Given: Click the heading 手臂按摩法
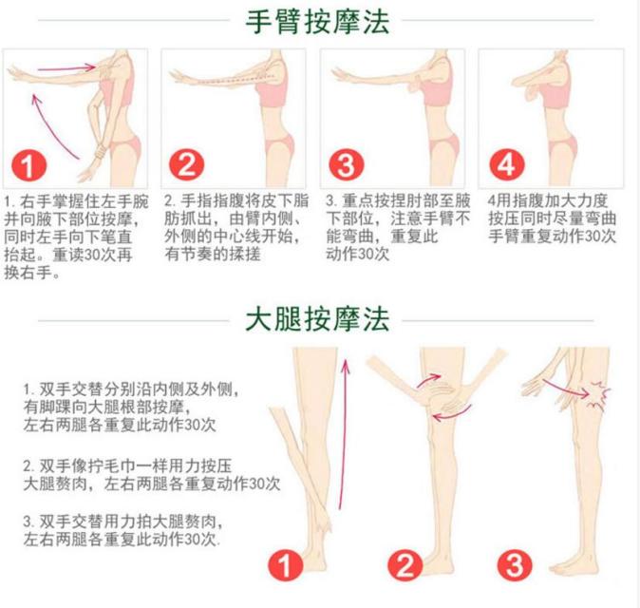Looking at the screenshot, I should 317,21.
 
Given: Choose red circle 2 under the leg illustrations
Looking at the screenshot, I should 407,567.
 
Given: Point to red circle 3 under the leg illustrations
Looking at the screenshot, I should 515,567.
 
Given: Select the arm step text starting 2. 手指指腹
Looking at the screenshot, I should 234,228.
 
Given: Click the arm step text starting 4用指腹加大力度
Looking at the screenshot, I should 551,218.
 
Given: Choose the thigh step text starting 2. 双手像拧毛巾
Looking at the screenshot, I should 152,475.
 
